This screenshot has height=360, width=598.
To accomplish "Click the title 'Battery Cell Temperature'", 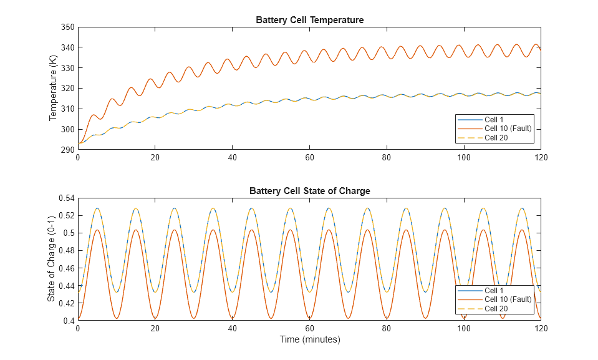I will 309,20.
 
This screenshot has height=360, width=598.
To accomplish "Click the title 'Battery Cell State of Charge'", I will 309,191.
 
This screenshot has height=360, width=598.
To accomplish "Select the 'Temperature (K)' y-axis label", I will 54,88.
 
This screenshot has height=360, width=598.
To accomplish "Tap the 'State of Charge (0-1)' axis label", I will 51,259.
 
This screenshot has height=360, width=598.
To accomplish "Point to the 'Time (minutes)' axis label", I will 309,340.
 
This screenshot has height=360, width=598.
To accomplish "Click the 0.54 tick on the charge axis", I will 65,198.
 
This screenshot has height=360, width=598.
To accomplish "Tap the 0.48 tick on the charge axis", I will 65,251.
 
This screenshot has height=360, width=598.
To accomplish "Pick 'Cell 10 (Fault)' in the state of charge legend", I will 508,299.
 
